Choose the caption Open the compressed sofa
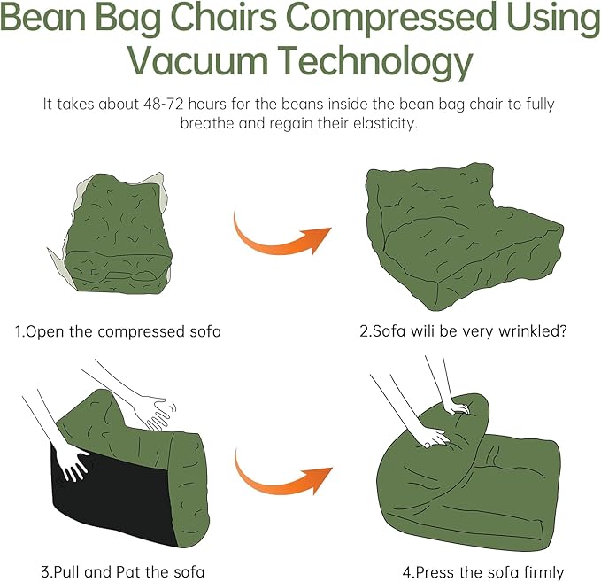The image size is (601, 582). click(x=118, y=332)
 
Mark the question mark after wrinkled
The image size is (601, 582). click(x=563, y=332)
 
